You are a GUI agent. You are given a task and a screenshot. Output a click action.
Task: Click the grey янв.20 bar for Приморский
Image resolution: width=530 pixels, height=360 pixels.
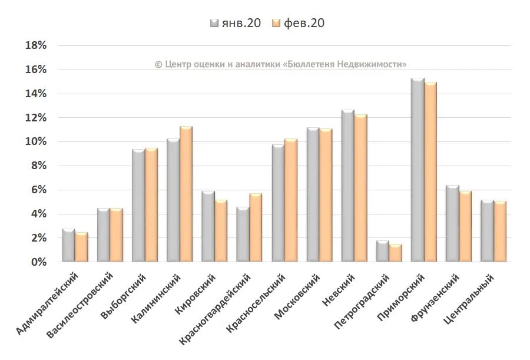(x=418, y=171)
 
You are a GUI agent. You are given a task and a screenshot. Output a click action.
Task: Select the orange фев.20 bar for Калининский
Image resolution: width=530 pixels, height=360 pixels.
(x=186, y=194)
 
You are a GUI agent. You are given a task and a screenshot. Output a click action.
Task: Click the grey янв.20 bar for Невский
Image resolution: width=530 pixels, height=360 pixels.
(x=347, y=186)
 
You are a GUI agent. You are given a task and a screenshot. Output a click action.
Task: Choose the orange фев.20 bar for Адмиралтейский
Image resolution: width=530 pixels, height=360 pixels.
(x=81, y=247)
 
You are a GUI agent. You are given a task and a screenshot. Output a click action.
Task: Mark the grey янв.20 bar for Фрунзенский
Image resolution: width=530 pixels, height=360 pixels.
(x=452, y=224)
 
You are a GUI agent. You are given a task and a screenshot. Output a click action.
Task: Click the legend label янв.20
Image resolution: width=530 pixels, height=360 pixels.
(x=241, y=23)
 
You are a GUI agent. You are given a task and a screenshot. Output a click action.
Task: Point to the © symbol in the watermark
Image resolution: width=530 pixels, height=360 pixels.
(x=158, y=64)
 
